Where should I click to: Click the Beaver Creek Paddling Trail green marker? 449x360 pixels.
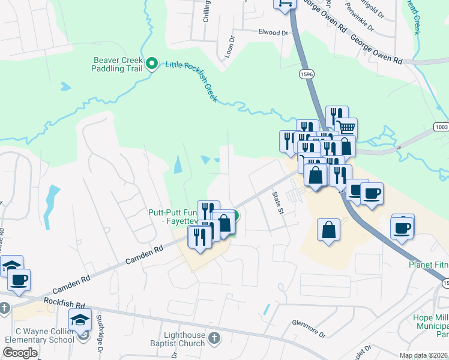point(152,62)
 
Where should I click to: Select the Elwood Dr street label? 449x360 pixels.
point(273,32)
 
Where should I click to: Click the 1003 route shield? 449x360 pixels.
point(441,128)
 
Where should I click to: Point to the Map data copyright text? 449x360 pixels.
point(423,355)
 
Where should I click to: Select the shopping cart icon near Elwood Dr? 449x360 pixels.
point(285,3)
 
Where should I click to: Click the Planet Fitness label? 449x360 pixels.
point(429,265)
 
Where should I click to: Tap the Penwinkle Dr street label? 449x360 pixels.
point(360,19)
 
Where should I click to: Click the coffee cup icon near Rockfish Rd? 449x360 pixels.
point(19,279)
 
